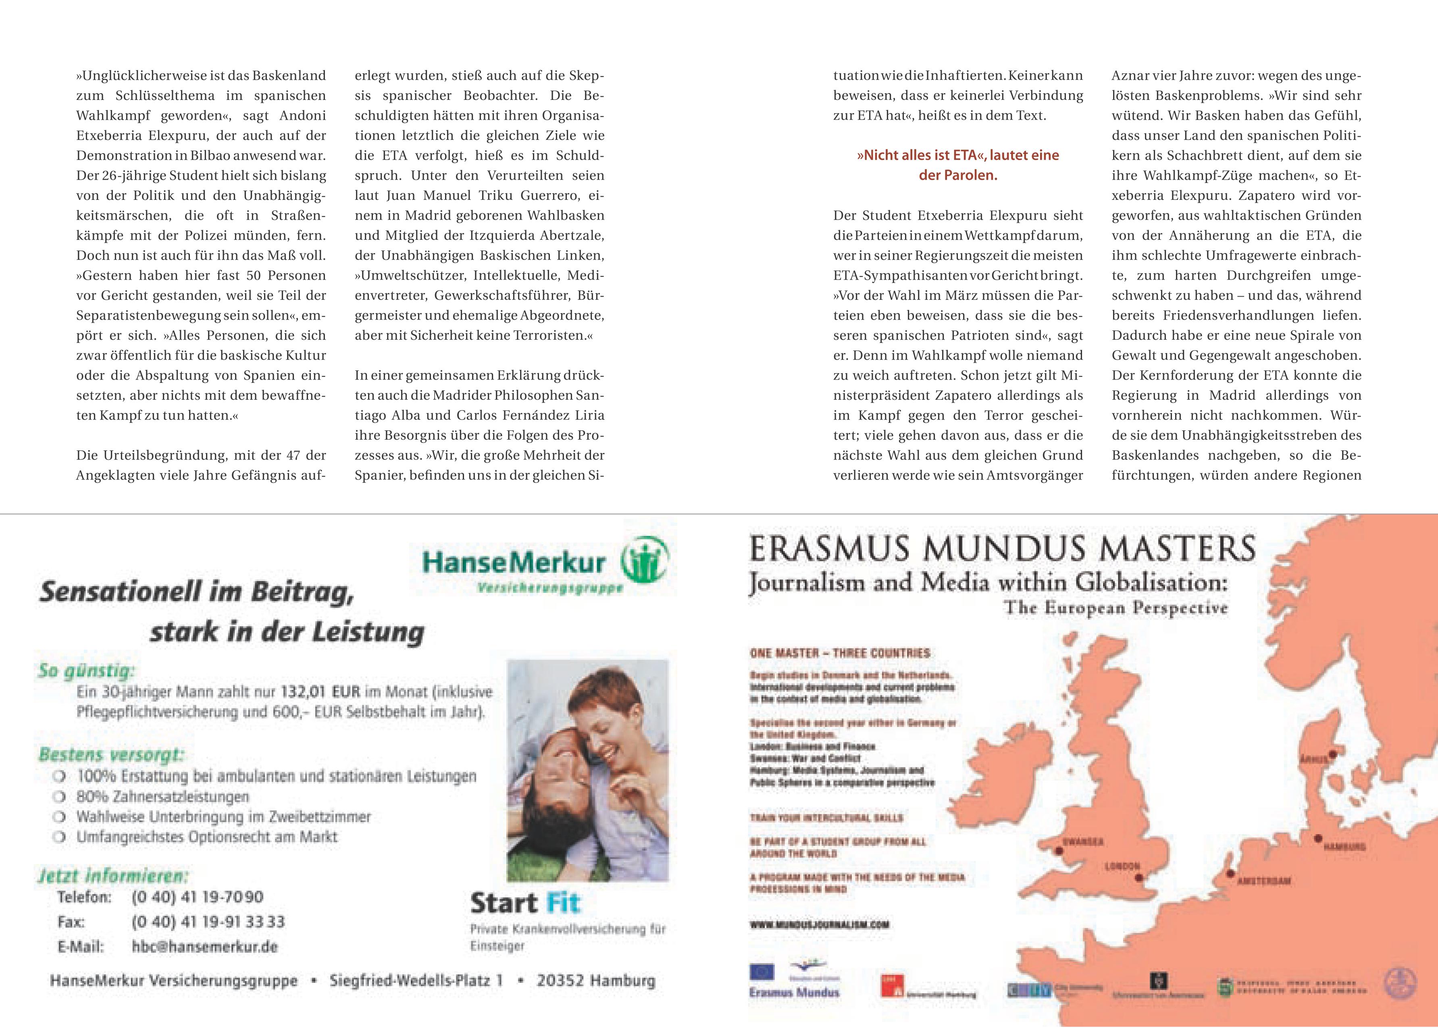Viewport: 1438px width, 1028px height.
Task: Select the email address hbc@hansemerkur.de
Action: [204, 947]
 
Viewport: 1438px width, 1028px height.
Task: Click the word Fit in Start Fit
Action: [563, 903]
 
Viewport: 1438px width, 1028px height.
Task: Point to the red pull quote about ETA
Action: [957, 165]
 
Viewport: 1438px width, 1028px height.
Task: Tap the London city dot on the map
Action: [1138, 878]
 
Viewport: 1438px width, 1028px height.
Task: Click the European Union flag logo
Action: [762, 972]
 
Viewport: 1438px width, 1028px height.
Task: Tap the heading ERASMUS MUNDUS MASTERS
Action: [1002, 548]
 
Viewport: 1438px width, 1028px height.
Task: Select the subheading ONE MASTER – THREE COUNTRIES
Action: [840, 653]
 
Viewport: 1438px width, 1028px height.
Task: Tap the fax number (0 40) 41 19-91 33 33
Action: [208, 922]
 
